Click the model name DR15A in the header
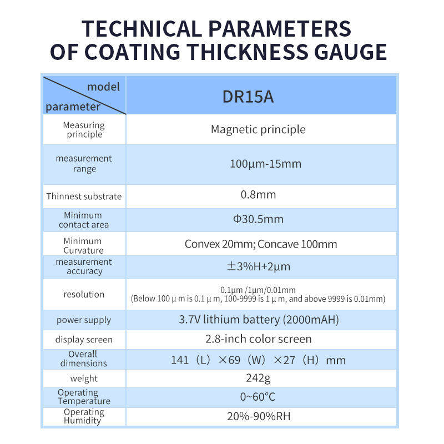pyautogui.click(x=248, y=97)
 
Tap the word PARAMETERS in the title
pyautogui.click(x=280, y=29)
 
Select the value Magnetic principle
pyautogui.click(x=258, y=130)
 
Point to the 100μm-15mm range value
pyautogui.click(x=266, y=164)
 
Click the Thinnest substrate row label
pyautogui.click(x=84, y=196)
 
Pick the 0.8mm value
pyautogui.click(x=258, y=195)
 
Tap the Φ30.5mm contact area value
pyautogui.click(x=258, y=219)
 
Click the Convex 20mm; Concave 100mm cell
pyautogui.click(x=261, y=244)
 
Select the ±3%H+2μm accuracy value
pyautogui.click(x=259, y=266)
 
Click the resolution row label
pyautogui.click(x=84, y=295)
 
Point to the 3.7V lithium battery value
pyautogui.click(x=259, y=320)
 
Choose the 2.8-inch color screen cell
pyautogui.click(x=259, y=339)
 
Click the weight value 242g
pyautogui.click(x=258, y=379)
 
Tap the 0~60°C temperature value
pyautogui.click(x=258, y=397)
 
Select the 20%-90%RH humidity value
pyautogui.click(x=259, y=416)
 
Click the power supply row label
pyautogui.click(x=84, y=320)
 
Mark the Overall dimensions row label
pyautogui.click(x=84, y=359)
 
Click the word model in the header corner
pyautogui.click(x=103, y=87)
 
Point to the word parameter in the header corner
pyautogui.click(x=73, y=107)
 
